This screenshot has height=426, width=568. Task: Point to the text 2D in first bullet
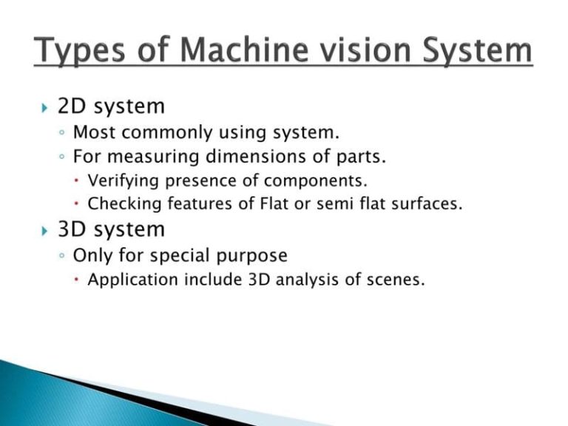[72, 106]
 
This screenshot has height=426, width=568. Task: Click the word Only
[90, 256]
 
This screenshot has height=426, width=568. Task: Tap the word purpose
[254, 256]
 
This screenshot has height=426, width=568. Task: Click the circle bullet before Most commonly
[64, 135]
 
